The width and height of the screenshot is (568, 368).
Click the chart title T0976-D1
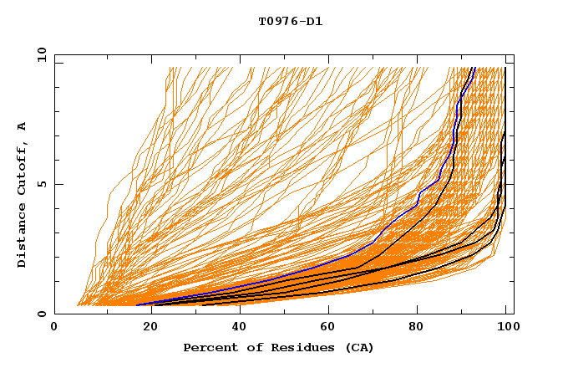click(290, 21)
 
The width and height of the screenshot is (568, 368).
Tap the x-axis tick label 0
click(54, 328)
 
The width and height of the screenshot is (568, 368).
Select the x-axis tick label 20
click(145, 328)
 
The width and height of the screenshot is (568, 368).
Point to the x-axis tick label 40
click(236, 328)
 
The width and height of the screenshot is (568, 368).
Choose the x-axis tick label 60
click(326, 328)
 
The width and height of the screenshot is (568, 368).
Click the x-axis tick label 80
click(416, 328)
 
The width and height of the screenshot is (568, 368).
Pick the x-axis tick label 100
click(506, 328)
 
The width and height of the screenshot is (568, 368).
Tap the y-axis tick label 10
click(41, 54)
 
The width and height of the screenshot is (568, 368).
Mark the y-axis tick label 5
click(44, 184)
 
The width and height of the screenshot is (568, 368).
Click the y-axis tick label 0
click(44, 314)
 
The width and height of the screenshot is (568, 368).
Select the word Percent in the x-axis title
click(209, 347)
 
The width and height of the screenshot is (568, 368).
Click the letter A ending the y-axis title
click(23, 125)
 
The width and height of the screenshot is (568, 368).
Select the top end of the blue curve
click(473, 68)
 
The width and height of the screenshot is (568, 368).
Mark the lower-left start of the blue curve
click(137, 304)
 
